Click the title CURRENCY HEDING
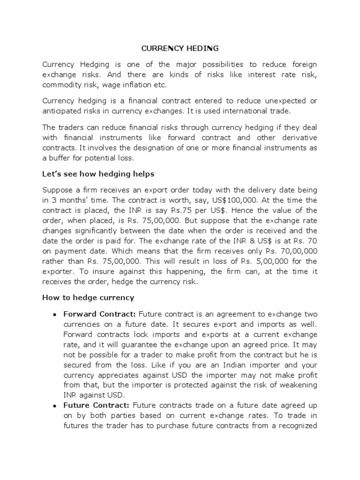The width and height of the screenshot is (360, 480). coord(180,48)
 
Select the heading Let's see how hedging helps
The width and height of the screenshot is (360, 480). coord(98,174)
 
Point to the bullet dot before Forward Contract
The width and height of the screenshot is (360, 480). coord(55,314)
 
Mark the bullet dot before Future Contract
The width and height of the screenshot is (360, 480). coord(55,405)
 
